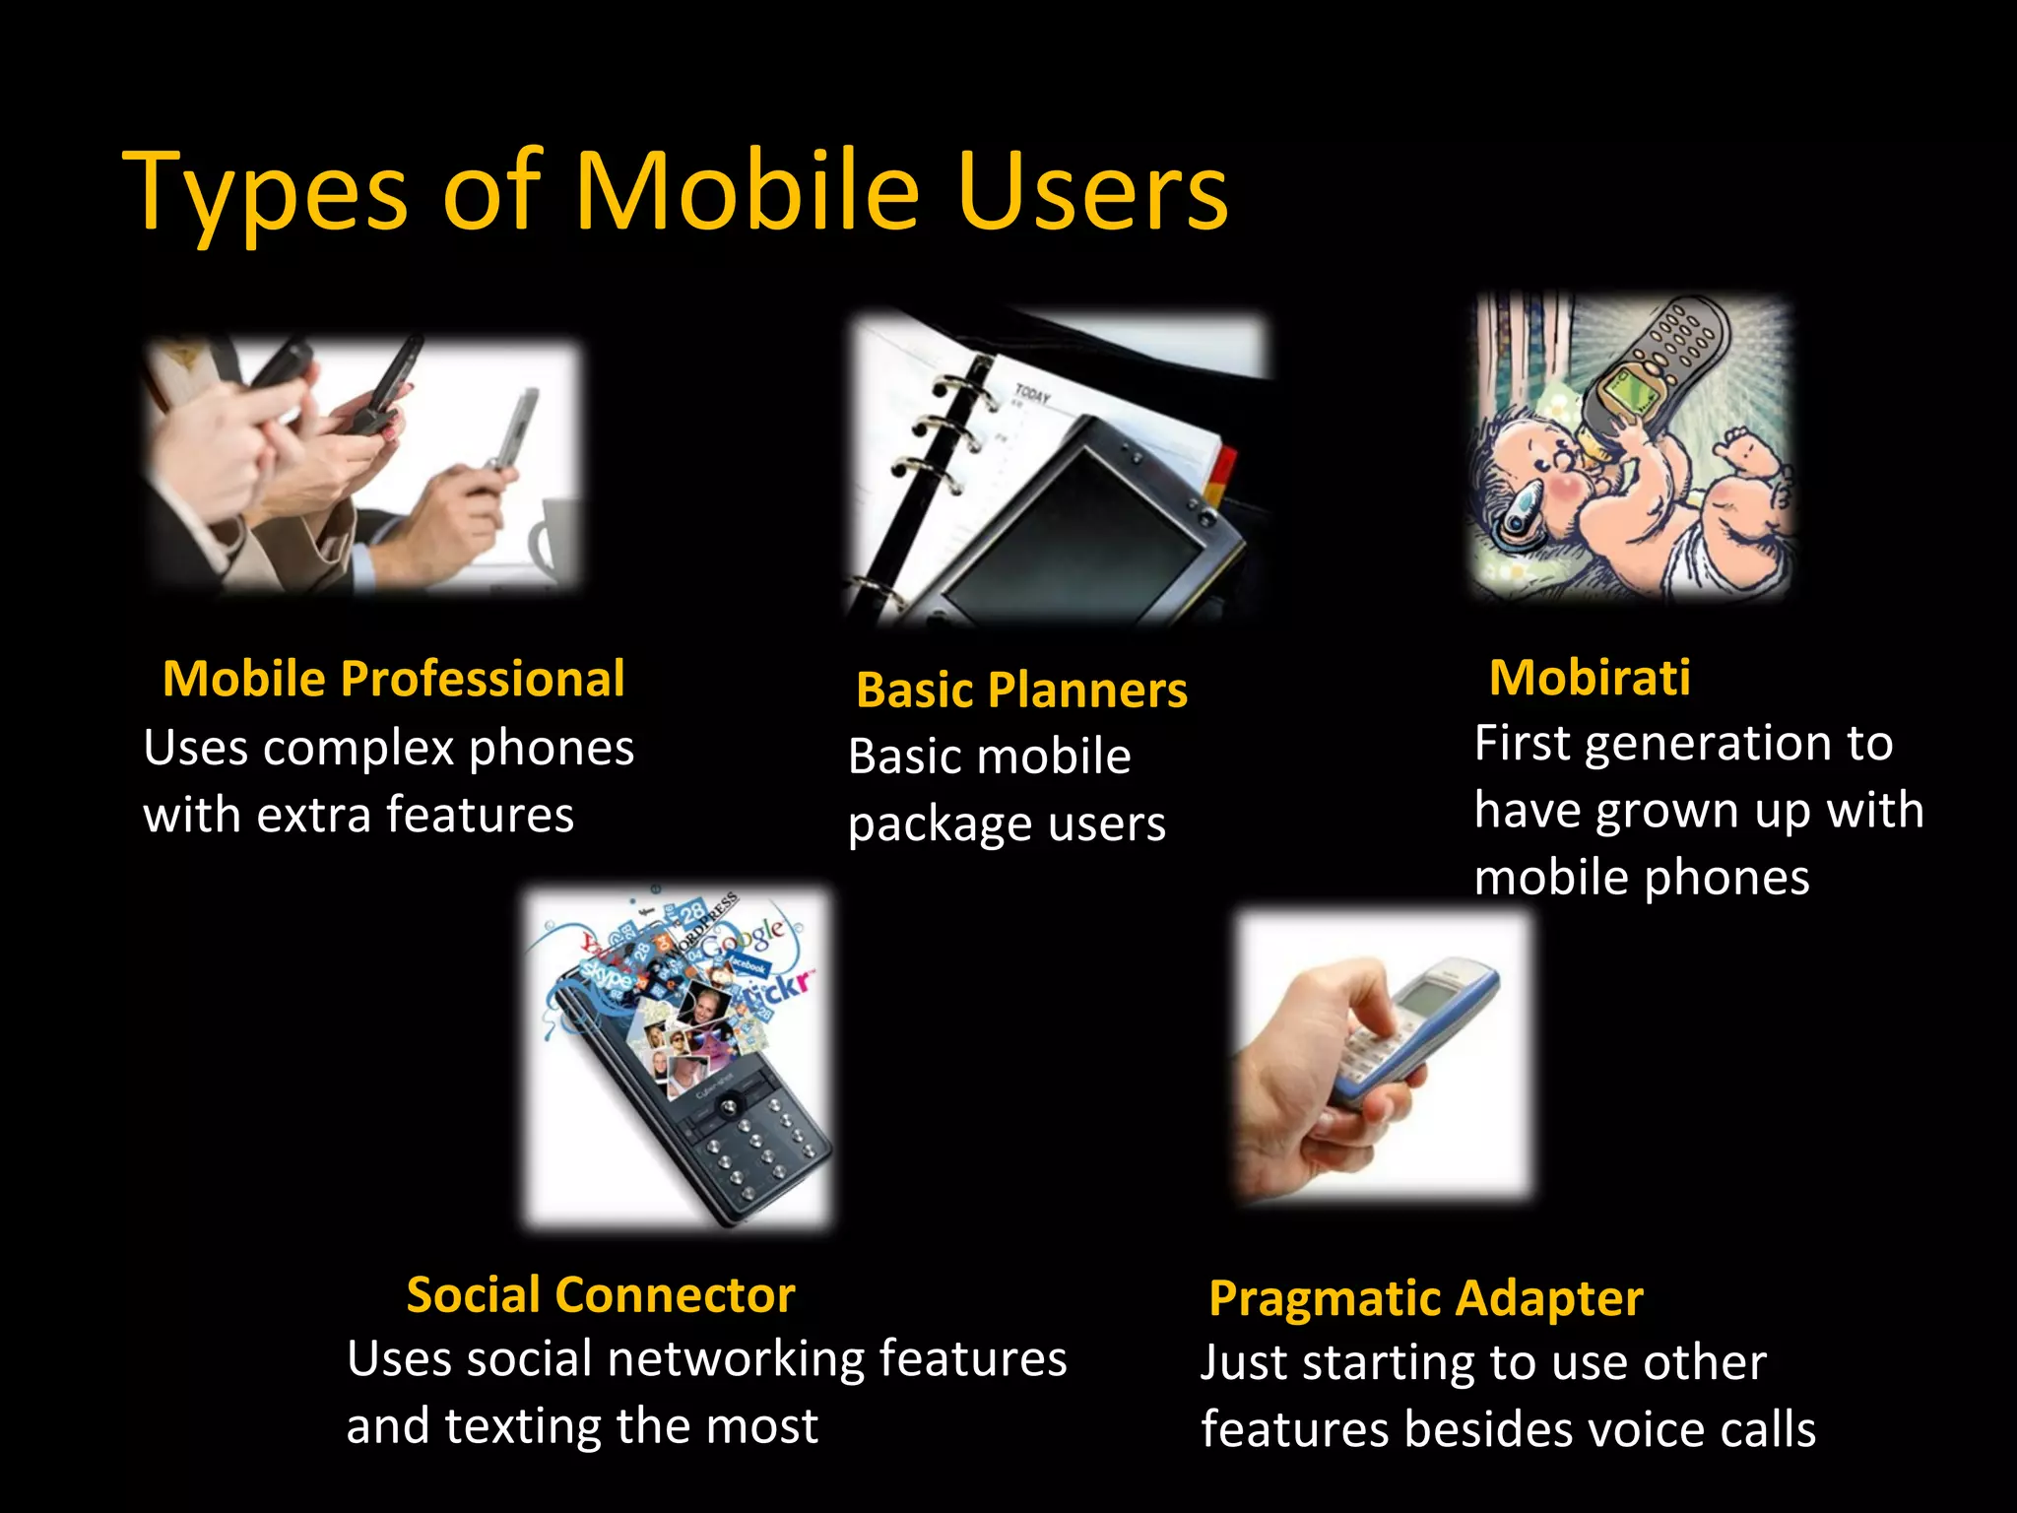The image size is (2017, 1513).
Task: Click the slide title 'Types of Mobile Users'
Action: point(676,192)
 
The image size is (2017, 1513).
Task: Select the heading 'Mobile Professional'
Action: point(393,679)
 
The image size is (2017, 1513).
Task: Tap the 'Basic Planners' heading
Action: point(1021,690)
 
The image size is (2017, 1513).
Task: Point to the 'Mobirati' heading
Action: point(1590,678)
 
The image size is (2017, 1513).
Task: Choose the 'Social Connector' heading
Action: point(600,1294)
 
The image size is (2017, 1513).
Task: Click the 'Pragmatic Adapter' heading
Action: point(1425,1298)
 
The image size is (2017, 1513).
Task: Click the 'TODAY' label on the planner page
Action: point(1032,395)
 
